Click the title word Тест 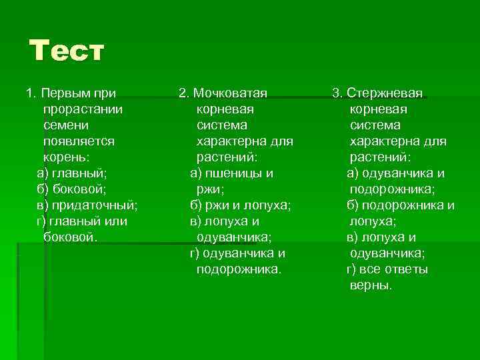point(67,51)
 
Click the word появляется point(78,141)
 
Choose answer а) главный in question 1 point(71,173)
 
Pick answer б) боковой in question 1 point(71,189)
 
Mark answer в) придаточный point(87,205)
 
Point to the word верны point(371,285)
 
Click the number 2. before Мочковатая point(184,93)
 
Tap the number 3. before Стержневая point(337,93)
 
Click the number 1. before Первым point(30,93)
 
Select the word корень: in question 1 point(66,157)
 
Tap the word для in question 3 point(435,141)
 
